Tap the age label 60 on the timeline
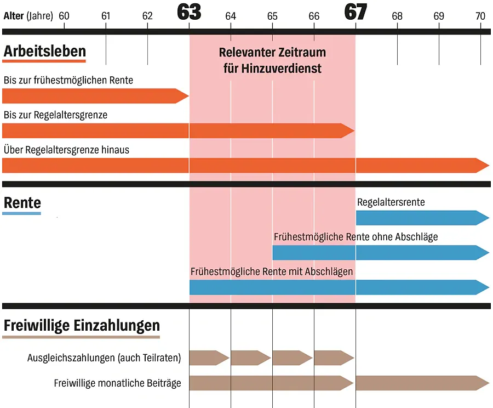point(64,16)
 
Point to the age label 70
point(480,16)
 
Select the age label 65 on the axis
point(272,16)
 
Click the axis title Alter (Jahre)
point(28,16)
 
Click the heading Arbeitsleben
point(44,52)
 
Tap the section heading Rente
point(22,203)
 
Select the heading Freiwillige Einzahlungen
point(82,326)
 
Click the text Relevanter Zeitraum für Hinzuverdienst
point(272,60)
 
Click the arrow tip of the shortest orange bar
point(184,96)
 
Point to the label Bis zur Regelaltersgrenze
point(55,115)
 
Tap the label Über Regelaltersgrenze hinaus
point(66,149)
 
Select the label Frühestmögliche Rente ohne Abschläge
point(356,237)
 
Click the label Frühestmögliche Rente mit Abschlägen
point(272,271)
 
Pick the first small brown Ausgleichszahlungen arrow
point(209,358)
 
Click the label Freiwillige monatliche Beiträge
point(117,383)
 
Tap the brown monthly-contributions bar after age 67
point(419,383)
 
